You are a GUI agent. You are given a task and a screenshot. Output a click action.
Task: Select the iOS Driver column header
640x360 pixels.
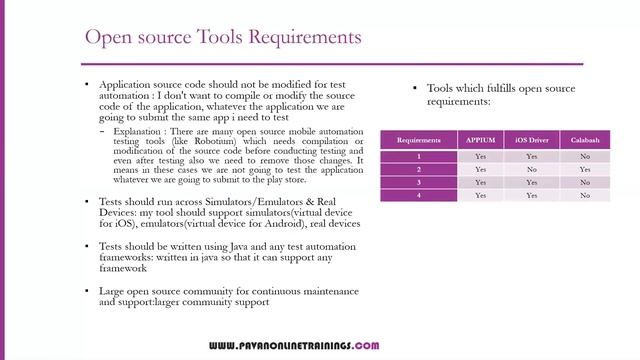[531, 140]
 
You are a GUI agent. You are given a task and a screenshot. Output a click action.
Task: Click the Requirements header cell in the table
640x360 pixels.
[419, 140]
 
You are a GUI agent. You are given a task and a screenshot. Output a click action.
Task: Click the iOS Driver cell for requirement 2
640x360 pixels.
[531, 169]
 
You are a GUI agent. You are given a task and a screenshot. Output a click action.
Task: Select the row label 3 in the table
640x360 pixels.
[419, 182]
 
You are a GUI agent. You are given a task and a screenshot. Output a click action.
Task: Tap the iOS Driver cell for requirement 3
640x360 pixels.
[531, 182]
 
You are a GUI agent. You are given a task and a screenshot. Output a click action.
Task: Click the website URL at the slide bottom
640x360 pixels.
[293, 346]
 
